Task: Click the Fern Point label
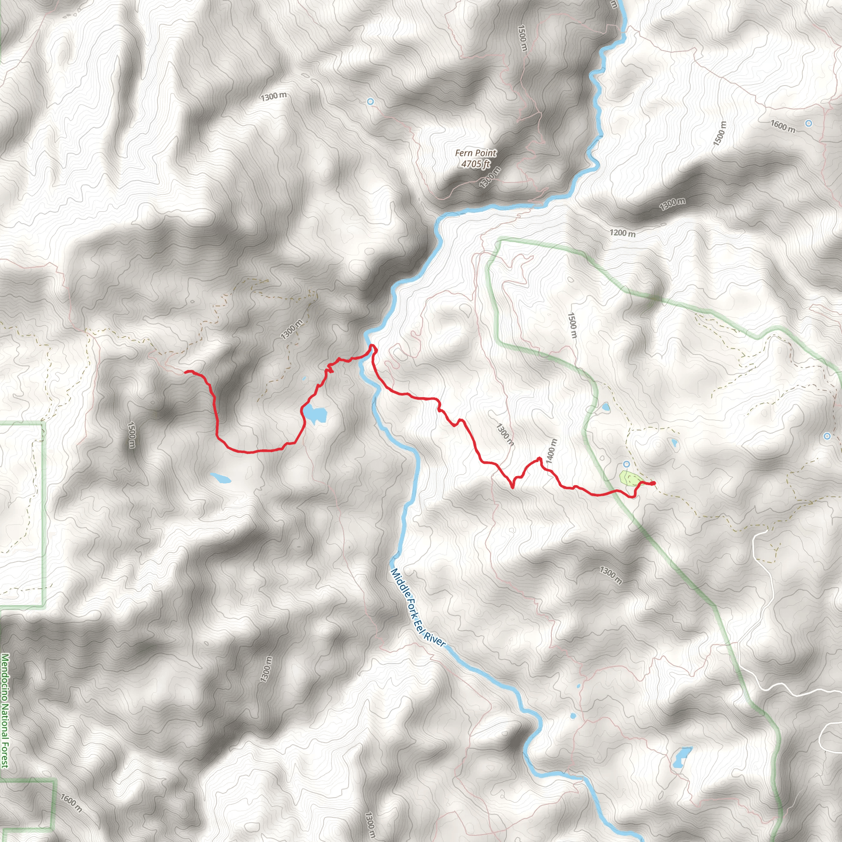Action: pyautogui.click(x=476, y=153)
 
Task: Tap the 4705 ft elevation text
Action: pyautogui.click(x=476, y=164)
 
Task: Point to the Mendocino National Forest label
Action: pyautogui.click(x=5, y=710)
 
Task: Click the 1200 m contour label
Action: pyautogui.click(x=622, y=233)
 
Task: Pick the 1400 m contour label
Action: pyautogui.click(x=551, y=451)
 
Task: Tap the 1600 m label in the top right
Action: pyautogui.click(x=783, y=126)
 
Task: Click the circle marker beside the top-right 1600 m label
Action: pyautogui.click(x=808, y=123)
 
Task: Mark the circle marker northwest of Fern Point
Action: pyautogui.click(x=370, y=102)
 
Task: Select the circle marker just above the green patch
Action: pyautogui.click(x=626, y=464)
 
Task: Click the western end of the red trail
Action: pyautogui.click(x=186, y=371)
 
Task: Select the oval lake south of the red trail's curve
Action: pyautogui.click(x=220, y=478)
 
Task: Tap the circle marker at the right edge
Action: pyautogui.click(x=827, y=436)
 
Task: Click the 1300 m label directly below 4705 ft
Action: pyautogui.click(x=490, y=177)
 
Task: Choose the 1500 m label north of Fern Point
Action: pyautogui.click(x=522, y=38)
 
